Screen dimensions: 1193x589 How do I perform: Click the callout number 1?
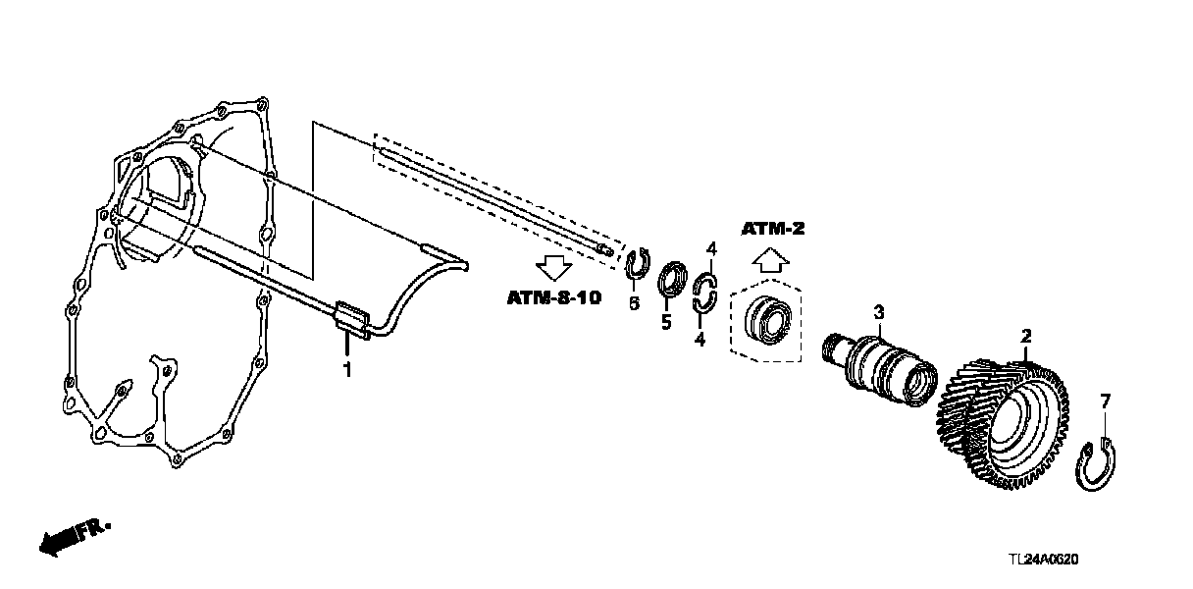tap(345, 369)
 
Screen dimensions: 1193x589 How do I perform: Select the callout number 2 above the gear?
tap(1026, 337)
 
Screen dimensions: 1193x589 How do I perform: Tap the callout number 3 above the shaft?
tap(879, 312)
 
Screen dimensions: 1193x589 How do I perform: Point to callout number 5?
tap(665, 321)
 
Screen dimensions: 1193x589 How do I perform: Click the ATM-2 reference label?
tap(772, 229)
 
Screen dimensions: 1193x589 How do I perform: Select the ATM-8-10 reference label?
tap(552, 295)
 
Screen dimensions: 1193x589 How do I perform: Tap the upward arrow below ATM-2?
tap(772, 259)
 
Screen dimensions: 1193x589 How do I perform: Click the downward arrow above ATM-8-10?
tap(552, 265)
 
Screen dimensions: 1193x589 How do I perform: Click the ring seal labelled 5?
tap(670, 279)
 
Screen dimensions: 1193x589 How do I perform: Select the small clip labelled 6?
tap(637, 265)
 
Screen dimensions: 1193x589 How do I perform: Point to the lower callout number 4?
tap(700, 340)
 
